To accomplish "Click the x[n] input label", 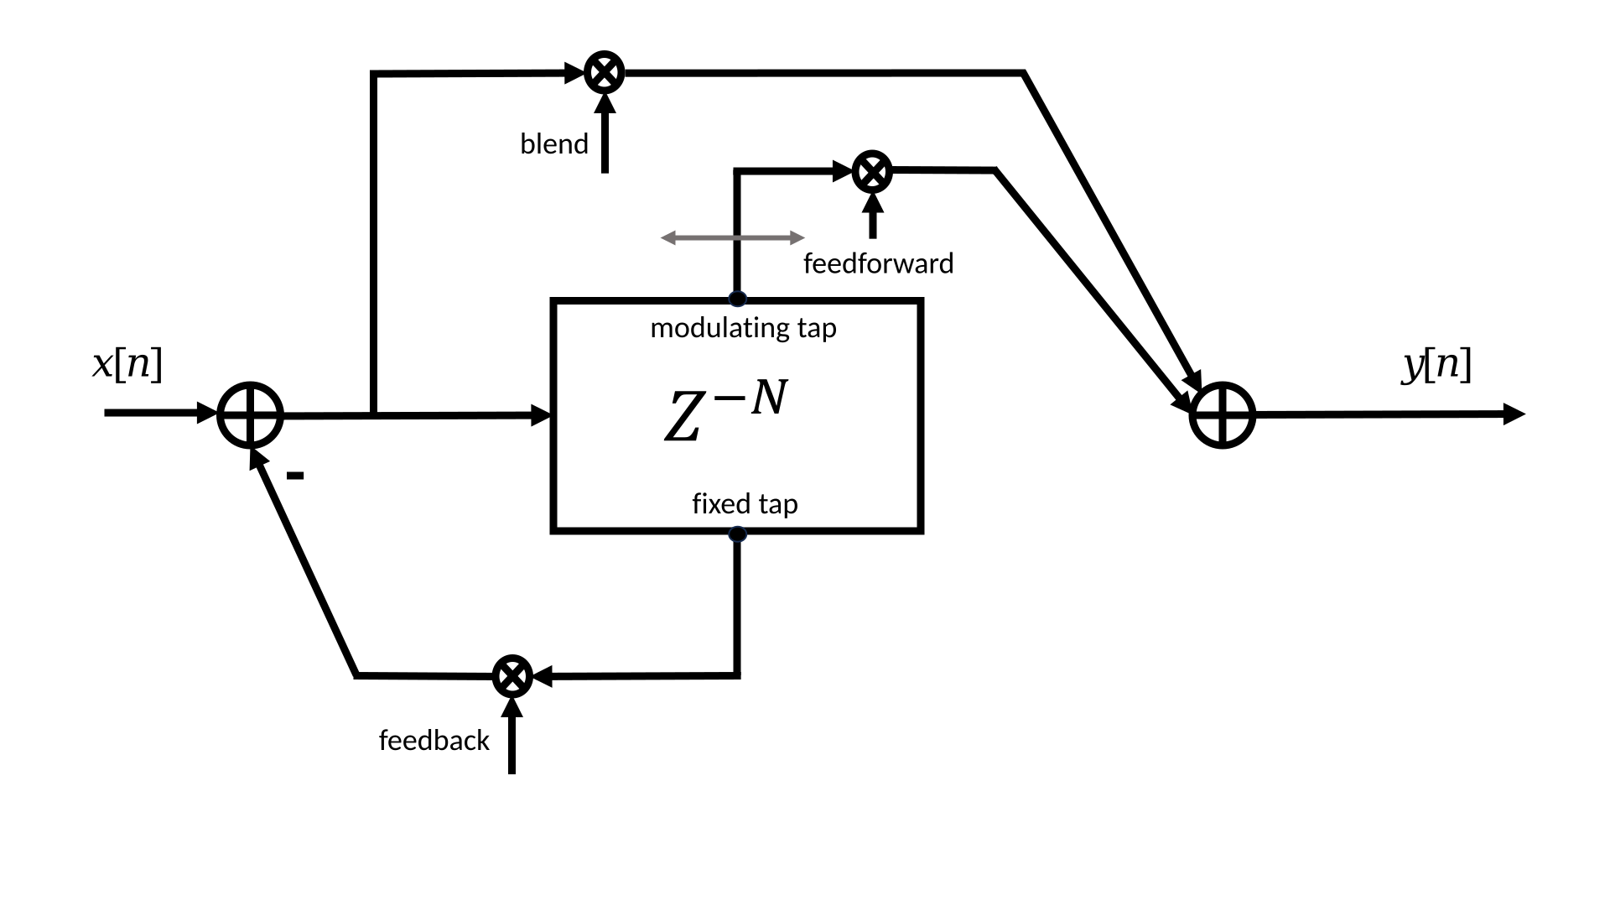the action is pos(127,364).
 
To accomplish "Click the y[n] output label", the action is pos(1436,365).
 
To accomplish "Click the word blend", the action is pos(554,143).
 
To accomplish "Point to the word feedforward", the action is pos(878,263).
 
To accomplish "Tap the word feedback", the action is pos(434,740).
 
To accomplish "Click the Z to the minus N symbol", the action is pos(726,412).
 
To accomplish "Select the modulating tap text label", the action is pos(743,328).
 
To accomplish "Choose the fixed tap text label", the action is pos(745,503).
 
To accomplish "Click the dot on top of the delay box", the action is pos(737,298).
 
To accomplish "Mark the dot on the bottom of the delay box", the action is pos(737,534).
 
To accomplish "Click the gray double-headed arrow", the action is pos(733,238).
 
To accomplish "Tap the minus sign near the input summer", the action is pos(294,476).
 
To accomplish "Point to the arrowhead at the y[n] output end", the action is pos(1514,414).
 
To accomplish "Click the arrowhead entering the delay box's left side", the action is pos(542,414).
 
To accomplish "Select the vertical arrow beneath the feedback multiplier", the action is pos(512,735).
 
